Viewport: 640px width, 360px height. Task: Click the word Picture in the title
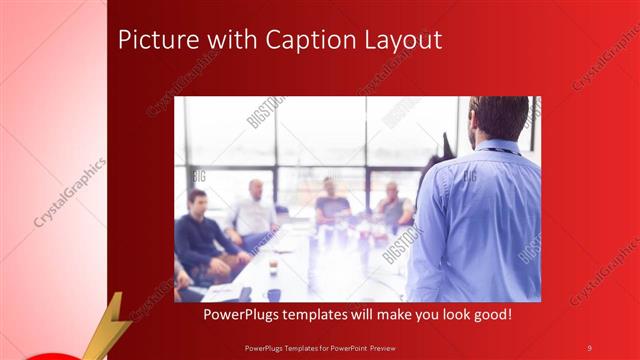pyautogui.click(x=153, y=40)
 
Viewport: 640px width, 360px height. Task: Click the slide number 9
pyautogui.click(x=589, y=347)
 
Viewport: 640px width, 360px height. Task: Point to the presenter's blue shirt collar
pyautogui.click(x=499, y=147)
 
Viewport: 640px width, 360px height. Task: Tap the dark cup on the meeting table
pyautogui.click(x=272, y=294)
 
